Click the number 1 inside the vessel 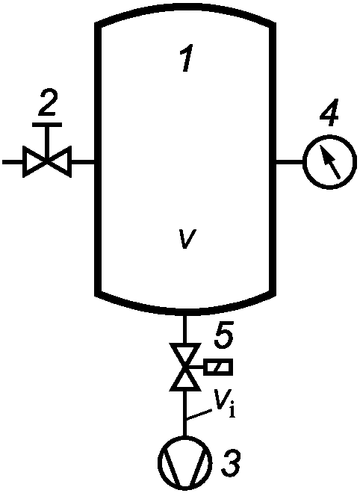coord(187,58)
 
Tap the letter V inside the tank coord(186,239)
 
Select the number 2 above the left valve coord(48,102)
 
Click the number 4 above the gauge coord(329,114)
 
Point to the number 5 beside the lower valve coord(223,334)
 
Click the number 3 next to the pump coord(231,462)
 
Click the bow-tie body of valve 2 coord(47,162)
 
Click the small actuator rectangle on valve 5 coord(218,367)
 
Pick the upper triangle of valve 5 coord(185,356)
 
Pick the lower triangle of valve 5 coord(185,379)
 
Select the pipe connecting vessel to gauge coord(290,162)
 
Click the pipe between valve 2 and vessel coord(84,162)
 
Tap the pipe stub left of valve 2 coord(13,162)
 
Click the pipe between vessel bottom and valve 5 coord(185,329)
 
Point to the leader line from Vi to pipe coord(199,414)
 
